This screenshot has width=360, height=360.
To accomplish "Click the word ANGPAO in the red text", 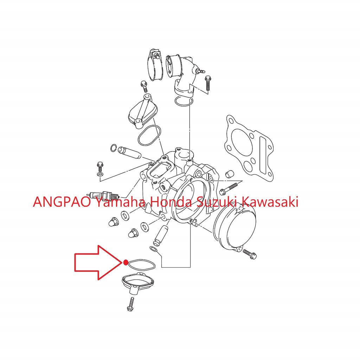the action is coord(62,202).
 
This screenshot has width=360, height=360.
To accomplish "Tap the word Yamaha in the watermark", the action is coord(120,202).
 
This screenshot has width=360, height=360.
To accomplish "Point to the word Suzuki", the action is coord(217,202).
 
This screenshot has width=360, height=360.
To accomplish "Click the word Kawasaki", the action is coord(270,202).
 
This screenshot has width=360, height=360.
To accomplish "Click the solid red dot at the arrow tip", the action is coord(126,262).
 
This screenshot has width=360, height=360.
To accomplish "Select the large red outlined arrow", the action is coord(98,263).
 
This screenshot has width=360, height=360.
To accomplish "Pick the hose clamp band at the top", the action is coord(155,65).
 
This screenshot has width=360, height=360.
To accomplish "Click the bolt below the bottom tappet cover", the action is coord(130,304).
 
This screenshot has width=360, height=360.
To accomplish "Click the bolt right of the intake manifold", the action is coord(208,83).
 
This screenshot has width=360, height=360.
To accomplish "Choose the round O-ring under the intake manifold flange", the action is coord(184,101).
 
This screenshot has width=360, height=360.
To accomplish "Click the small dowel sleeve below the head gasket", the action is coord(229,174).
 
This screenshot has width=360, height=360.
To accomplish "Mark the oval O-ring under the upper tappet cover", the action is coord(149,135).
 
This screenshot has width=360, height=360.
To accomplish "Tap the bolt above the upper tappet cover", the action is coord(144,87).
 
